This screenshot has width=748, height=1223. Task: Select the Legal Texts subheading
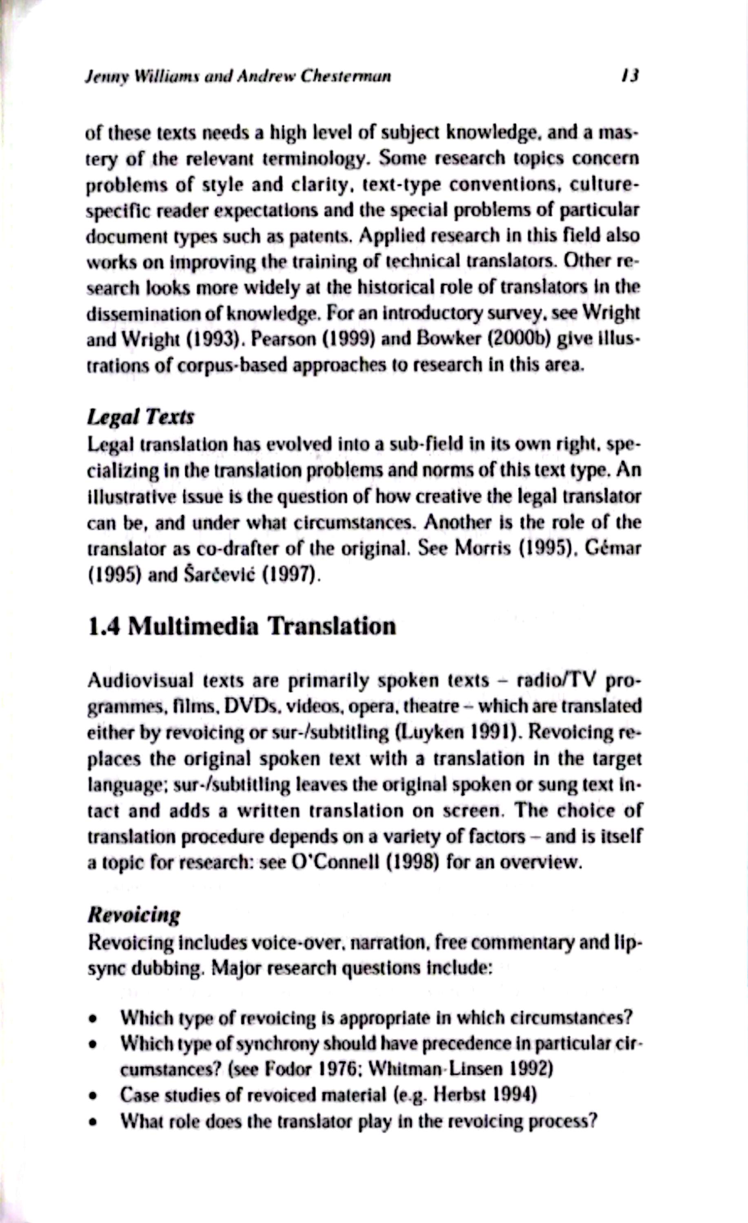[x=140, y=417]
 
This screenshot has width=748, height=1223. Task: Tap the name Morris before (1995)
[x=481, y=550]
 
